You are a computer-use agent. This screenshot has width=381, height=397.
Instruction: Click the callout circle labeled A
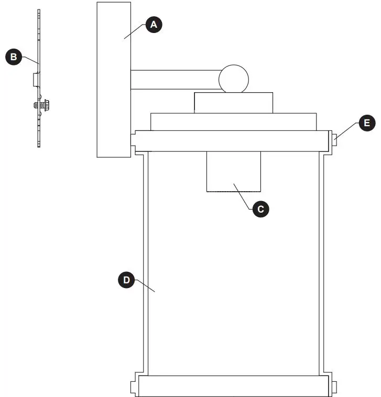coord(153,25)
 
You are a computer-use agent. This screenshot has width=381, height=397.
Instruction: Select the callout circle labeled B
coord(13,57)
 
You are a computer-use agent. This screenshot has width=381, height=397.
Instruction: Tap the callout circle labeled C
coord(260,209)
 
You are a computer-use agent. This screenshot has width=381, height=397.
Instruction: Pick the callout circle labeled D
coord(126,280)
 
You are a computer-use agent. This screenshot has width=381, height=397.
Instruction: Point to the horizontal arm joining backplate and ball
coord(175,79)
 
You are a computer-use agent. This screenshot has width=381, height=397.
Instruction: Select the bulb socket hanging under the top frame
coord(233,172)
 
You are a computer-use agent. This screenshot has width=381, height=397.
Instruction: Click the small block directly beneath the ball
coord(233,103)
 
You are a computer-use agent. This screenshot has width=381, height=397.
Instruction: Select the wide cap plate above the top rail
coord(233,122)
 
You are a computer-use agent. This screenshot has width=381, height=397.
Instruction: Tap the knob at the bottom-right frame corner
coord(333,387)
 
